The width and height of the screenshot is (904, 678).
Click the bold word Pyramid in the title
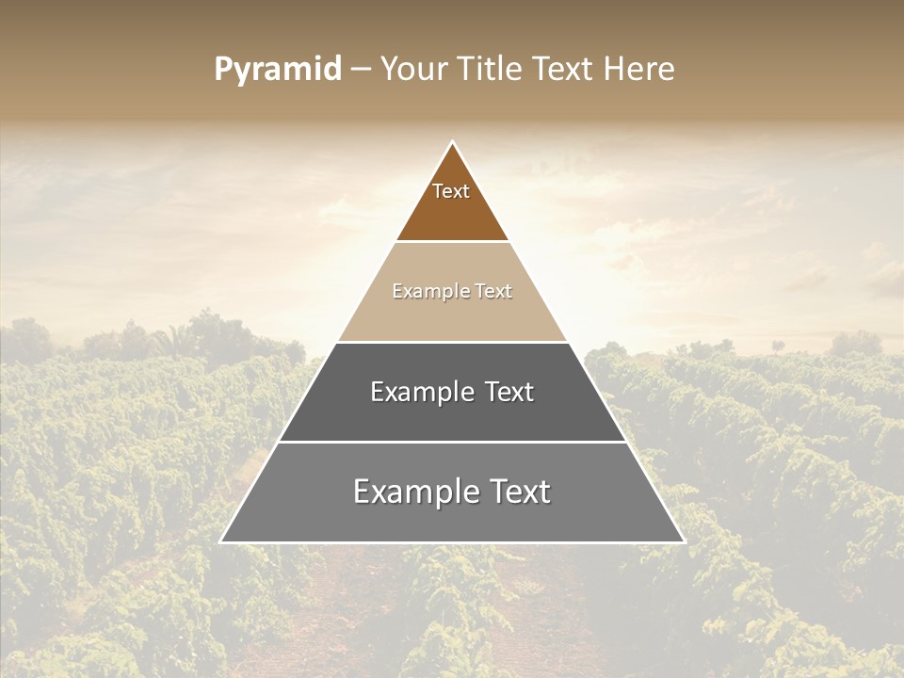click(x=278, y=70)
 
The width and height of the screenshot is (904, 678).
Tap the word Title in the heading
click(x=491, y=70)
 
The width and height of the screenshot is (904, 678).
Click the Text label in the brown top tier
click(x=451, y=191)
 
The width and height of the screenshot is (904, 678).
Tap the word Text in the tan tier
click(x=493, y=291)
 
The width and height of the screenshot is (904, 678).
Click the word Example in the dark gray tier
click(x=422, y=392)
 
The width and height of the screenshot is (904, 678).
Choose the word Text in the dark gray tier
click(x=509, y=392)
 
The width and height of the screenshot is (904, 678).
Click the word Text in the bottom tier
click(x=517, y=492)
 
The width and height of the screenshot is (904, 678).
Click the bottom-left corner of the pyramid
click(x=221, y=542)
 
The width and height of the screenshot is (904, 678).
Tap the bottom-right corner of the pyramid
click(x=685, y=542)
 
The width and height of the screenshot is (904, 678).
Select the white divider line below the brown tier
click(x=452, y=242)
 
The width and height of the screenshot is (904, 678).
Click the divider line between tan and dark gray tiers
click(x=452, y=342)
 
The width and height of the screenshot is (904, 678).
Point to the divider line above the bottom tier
click(x=452, y=442)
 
